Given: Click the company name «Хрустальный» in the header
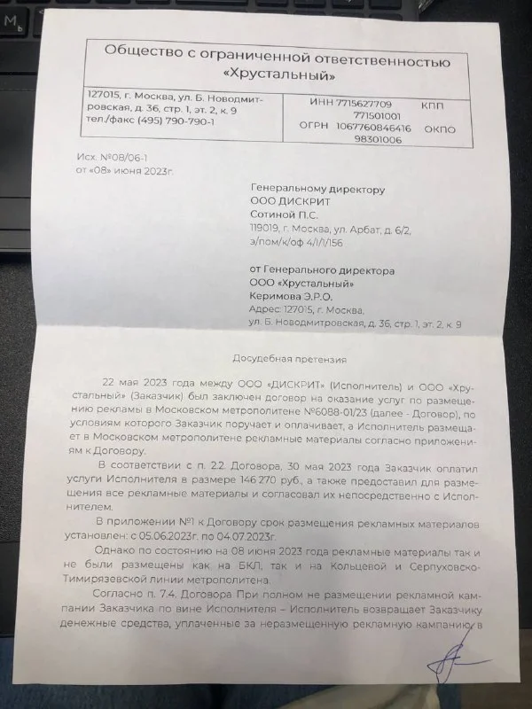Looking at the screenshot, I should (x=278, y=73).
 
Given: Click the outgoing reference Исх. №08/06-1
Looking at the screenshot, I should (x=97, y=155).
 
